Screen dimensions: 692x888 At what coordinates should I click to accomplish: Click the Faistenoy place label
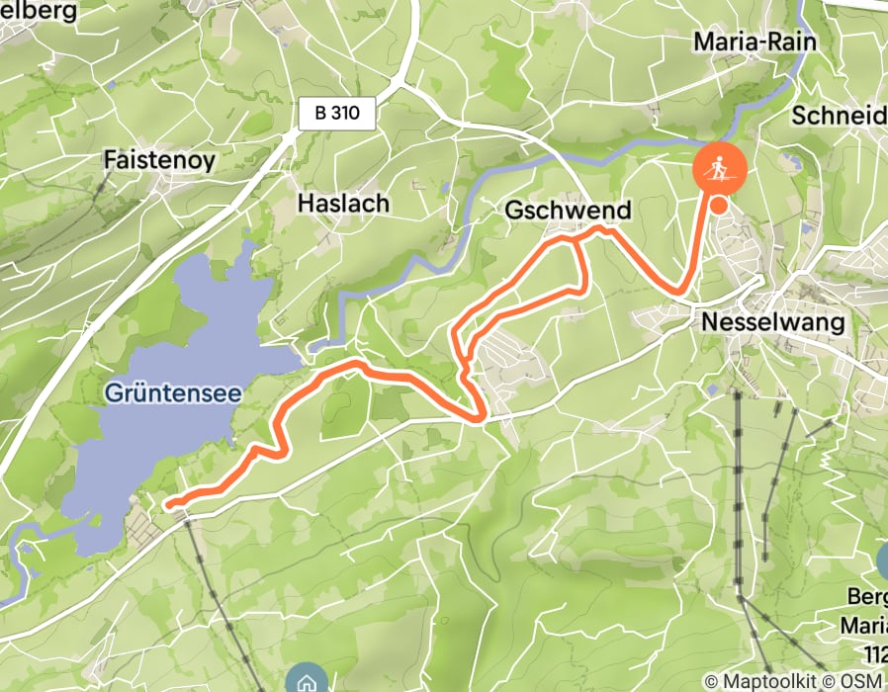[158, 159]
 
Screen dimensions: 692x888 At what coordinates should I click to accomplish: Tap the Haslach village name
[344, 204]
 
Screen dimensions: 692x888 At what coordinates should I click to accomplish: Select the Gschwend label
[553, 212]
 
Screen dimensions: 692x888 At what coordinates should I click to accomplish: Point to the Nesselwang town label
[772, 322]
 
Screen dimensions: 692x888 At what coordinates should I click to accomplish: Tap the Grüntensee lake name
[172, 393]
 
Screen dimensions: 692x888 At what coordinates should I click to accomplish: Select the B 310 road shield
[337, 114]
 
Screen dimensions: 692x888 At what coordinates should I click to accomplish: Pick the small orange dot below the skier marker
[719, 205]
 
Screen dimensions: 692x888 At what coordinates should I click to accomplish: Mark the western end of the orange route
[170, 504]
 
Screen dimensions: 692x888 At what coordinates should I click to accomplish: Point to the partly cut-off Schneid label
[839, 116]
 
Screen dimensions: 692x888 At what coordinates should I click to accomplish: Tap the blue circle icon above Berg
[883, 561]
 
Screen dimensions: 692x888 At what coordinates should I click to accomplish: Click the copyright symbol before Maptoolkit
[711, 681]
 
